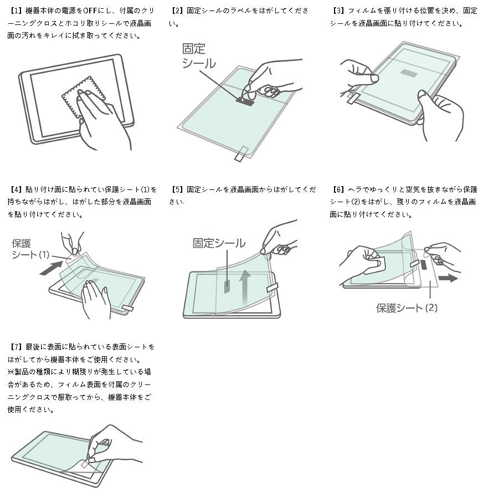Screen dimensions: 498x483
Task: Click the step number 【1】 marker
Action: click(x=17, y=11)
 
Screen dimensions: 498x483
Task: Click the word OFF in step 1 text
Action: click(x=91, y=11)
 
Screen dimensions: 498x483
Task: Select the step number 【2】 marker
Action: click(x=178, y=11)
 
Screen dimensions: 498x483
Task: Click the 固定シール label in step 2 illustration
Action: click(x=198, y=56)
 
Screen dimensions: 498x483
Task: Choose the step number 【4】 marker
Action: click(x=17, y=189)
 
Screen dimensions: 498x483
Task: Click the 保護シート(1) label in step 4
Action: click(x=30, y=249)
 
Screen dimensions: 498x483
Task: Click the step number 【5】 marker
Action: click(x=178, y=189)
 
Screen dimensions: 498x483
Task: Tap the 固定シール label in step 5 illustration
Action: click(x=219, y=243)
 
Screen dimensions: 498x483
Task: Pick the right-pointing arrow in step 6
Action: click(x=448, y=277)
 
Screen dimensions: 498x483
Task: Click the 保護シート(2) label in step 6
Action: click(x=407, y=308)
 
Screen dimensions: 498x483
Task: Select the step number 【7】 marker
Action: click(x=17, y=347)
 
